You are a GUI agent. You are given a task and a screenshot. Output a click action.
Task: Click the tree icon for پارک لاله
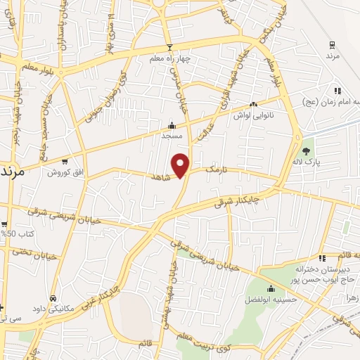coord(306,151)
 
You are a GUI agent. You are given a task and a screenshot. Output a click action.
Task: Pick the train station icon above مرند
coord(331,45)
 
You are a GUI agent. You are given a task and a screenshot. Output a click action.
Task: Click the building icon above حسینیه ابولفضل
coord(271,288)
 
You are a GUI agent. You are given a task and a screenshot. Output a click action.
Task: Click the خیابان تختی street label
coord(16,250)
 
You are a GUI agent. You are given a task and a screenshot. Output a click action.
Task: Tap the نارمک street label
coord(217,170)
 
